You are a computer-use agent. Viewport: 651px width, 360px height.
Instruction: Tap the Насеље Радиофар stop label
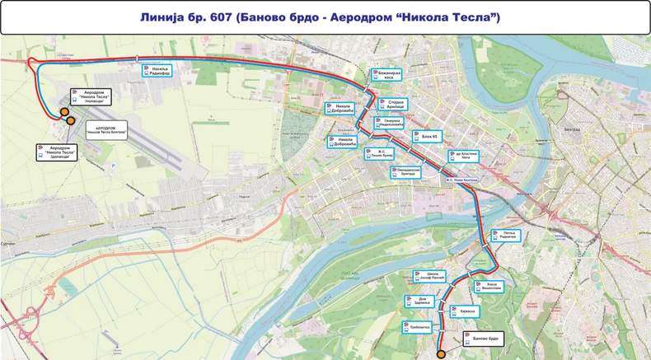tap(158, 72)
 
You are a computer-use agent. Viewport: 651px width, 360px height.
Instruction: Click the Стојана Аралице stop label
tap(393, 104)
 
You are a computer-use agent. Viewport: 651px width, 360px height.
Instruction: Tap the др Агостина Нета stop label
tap(463, 156)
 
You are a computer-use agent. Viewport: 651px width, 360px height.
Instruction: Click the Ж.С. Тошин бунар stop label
tap(384, 153)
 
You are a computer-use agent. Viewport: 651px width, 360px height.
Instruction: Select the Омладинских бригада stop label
tap(409, 171)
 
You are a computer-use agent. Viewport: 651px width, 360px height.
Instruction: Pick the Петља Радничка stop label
tap(504, 236)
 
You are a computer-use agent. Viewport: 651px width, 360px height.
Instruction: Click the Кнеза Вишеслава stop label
tap(485, 286)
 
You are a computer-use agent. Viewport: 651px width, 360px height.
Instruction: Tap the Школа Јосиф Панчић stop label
tap(430, 277)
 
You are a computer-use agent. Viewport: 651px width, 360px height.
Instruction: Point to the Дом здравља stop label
tap(421, 301)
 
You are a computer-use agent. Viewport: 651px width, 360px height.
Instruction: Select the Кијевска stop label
tap(465, 311)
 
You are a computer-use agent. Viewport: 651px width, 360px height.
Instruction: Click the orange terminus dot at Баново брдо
tap(441, 354)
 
